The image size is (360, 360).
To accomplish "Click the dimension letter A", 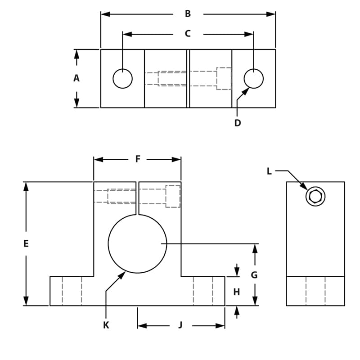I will coord(76,78).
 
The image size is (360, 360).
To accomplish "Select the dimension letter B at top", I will coord(188,14).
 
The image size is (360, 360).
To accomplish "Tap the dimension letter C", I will coord(188,34).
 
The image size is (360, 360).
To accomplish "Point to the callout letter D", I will coord(238,123).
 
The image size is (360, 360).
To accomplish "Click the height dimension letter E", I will coord(26,243).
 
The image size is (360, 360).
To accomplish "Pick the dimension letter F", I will coord(138,159).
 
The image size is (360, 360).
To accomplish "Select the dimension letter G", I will coord(254,275).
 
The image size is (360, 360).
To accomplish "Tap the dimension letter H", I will coord(237,292).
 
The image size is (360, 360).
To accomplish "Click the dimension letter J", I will coord(180,325).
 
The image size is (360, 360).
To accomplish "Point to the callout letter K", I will coord(106,325).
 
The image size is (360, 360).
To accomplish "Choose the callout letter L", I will coord(269,171).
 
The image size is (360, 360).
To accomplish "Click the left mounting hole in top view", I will coord(122,79).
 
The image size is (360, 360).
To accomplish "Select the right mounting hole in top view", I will coord(254,79).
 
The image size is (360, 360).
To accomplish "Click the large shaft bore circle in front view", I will coord(137,243).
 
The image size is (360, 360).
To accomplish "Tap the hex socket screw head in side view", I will coord(315,197).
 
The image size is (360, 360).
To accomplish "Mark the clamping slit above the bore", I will coord(137,198).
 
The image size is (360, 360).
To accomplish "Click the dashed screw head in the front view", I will coord(173,196).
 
